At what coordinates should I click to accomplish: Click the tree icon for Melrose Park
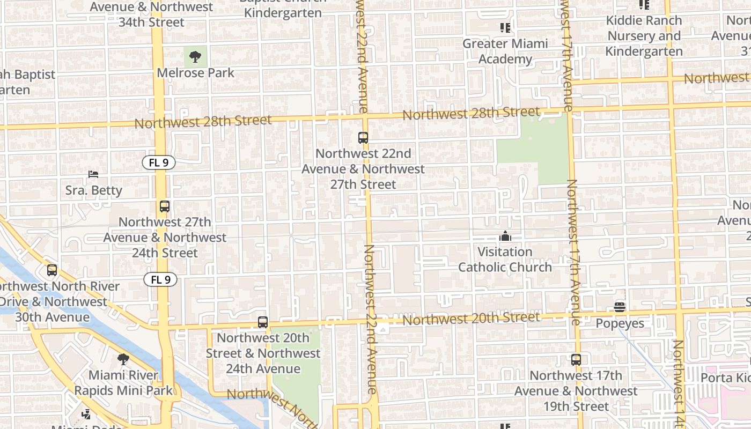click(195, 56)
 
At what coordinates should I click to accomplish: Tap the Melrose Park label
click(195, 72)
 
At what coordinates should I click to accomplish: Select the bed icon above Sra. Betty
click(93, 174)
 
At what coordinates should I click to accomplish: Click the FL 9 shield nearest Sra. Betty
click(159, 162)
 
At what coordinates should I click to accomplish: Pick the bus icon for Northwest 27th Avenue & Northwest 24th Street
click(165, 206)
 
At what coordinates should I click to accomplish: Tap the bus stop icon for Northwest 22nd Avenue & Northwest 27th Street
click(363, 138)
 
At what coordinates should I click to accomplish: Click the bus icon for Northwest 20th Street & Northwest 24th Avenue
click(263, 322)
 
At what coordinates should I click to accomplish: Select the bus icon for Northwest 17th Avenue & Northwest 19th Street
click(576, 360)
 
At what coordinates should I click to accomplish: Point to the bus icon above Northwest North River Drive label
click(52, 270)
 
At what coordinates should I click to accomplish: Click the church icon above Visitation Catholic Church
click(505, 236)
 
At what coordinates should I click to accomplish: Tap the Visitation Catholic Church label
click(505, 260)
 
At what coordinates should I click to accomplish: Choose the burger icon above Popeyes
click(620, 307)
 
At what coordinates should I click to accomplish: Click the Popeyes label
click(620, 323)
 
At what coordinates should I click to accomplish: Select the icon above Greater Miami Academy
click(505, 27)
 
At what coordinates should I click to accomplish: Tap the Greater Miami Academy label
click(505, 51)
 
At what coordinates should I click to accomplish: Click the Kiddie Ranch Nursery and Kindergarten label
click(644, 36)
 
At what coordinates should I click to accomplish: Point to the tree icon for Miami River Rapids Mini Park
click(123, 359)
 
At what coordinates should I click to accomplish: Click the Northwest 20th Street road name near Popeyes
click(472, 319)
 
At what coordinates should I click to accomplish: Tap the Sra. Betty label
click(94, 190)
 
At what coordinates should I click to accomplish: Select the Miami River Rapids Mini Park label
click(123, 383)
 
